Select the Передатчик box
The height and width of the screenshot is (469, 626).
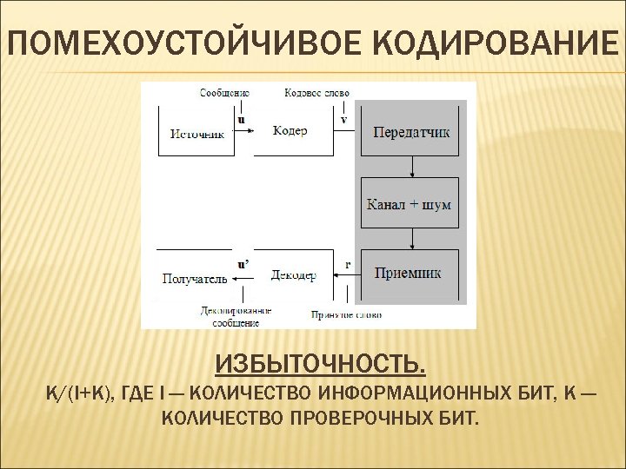tap(411, 132)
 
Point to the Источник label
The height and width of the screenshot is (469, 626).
tap(197, 134)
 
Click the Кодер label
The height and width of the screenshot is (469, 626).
tap(290, 130)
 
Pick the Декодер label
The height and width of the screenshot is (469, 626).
tap(292, 274)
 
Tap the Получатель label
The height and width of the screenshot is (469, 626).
tap(195, 279)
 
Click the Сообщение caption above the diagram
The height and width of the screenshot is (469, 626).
tap(224, 91)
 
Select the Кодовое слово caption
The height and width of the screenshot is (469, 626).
tap(317, 91)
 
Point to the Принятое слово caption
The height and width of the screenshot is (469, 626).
tap(346, 314)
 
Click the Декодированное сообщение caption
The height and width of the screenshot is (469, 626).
tap(236, 316)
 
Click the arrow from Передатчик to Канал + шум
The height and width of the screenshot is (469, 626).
tap(411, 167)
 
